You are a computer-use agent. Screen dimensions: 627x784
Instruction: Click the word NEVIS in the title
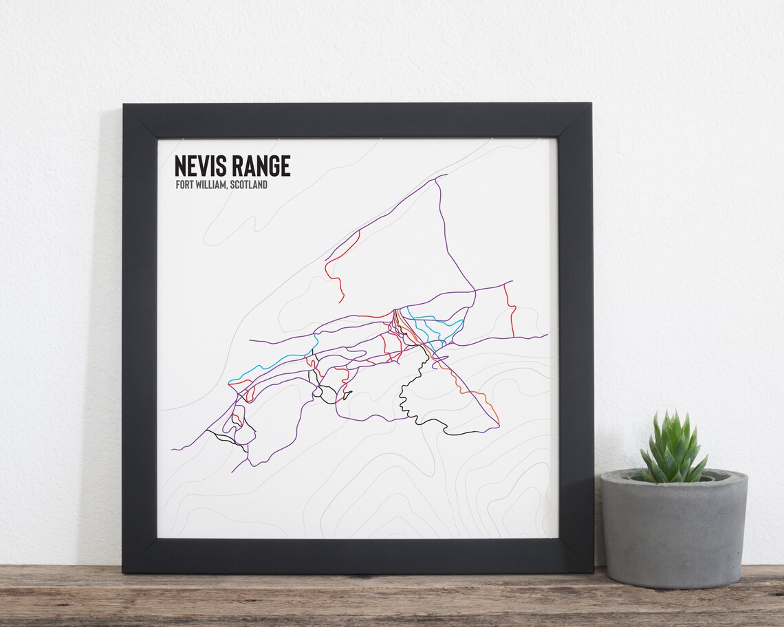(x=198, y=166)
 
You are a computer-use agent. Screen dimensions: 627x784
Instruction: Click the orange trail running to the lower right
(x=475, y=395)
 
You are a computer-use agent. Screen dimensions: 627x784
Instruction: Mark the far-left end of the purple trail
(x=174, y=449)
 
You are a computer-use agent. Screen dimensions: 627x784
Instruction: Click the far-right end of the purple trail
(x=547, y=335)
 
